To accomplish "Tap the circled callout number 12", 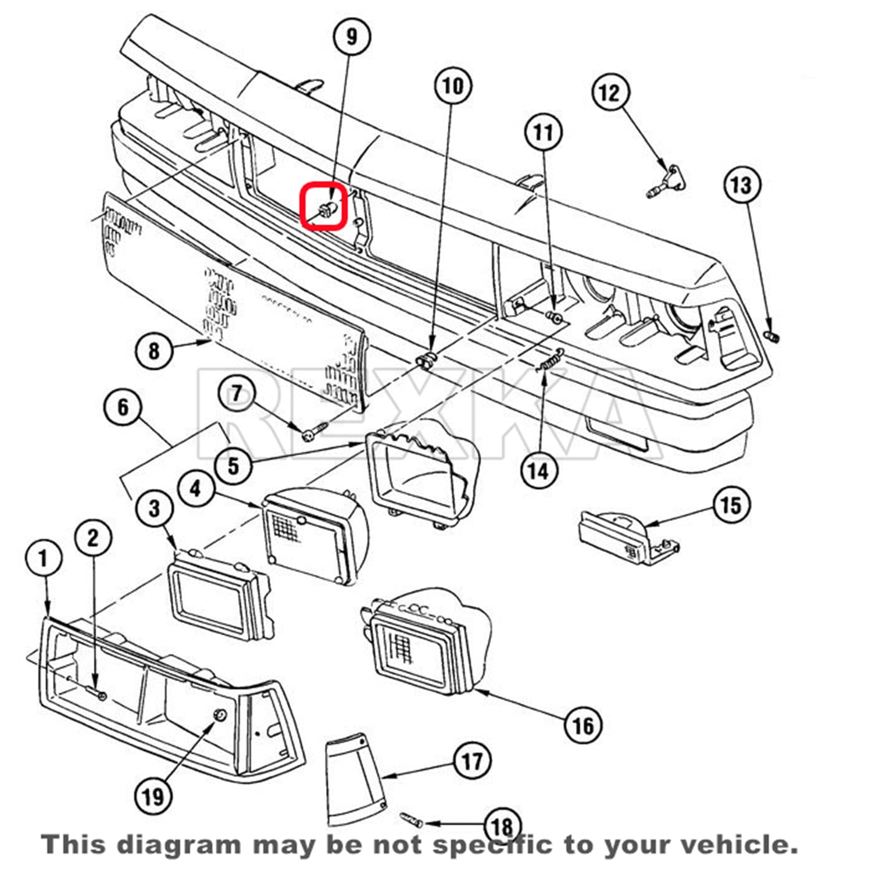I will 610,92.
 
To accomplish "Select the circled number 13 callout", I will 742,185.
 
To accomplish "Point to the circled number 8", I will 153,351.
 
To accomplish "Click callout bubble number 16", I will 583,725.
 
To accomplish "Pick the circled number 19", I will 153,796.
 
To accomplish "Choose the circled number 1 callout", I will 44,559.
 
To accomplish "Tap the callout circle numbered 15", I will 731,505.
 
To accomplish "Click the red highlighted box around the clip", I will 324,206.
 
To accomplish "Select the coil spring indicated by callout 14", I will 550,360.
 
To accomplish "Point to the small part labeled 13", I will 772,336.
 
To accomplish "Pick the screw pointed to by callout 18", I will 412,820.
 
